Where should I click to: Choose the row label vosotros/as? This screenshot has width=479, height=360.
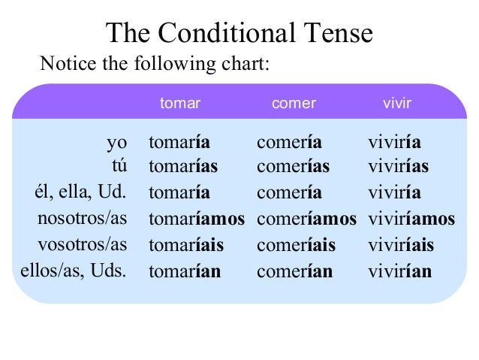[83, 245]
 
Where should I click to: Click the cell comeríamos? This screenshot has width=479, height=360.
[306, 219]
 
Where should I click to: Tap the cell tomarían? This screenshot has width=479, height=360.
[185, 271]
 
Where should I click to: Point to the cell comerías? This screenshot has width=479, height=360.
[293, 165]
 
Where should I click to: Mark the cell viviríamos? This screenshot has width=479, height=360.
[411, 219]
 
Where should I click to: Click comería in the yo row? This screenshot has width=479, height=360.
[289, 143]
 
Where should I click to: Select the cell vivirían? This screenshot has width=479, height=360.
[399, 271]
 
